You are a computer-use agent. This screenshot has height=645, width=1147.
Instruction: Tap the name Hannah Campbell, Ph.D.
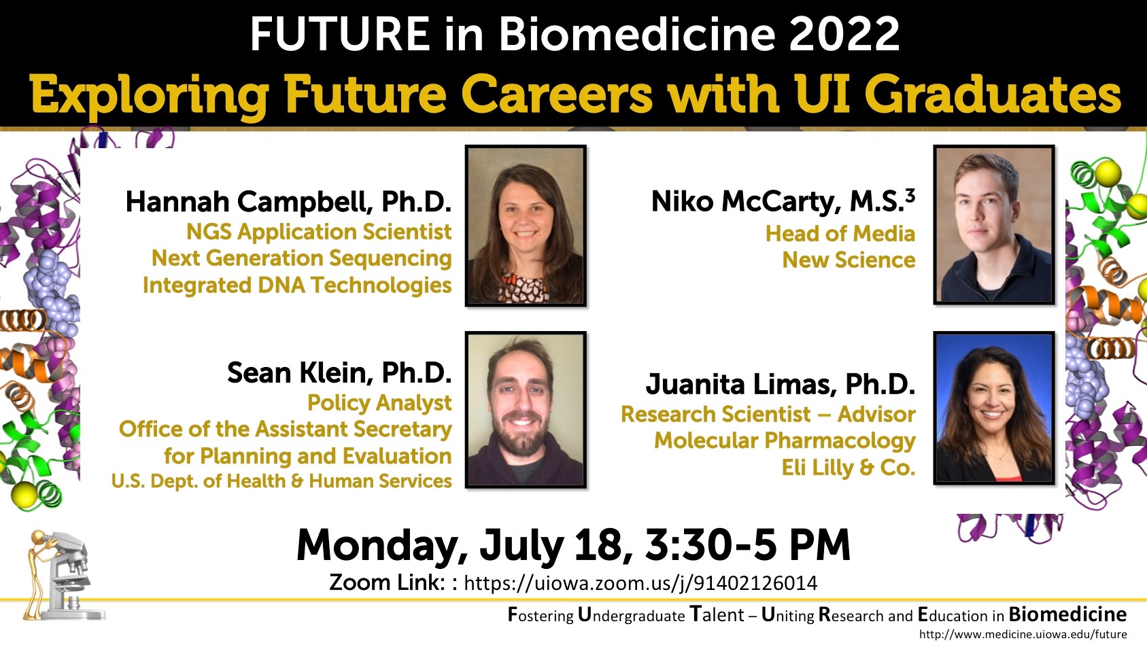click(x=289, y=202)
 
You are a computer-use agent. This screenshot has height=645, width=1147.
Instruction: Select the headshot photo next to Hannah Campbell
click(x=526, y=226)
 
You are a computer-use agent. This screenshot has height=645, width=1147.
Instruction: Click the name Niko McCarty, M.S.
click(x=777, y=201)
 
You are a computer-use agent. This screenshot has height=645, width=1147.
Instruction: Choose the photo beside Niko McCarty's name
click(x=994, y=225)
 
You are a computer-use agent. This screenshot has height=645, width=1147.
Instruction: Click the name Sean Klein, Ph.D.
click(x=339, y=372)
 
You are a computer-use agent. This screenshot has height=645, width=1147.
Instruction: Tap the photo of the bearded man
click(x=526, y=410)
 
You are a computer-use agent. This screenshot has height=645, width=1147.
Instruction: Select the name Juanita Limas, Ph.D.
click(x=781, y=384)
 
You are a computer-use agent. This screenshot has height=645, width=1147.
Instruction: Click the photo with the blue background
click(x=994, y=408)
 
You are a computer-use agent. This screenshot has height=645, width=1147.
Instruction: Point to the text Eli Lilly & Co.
click(x=848, y=468)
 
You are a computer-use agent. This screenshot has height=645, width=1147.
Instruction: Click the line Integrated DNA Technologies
click(x=297, y=285)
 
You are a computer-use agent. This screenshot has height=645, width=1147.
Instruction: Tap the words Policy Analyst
click(x=379, y=403)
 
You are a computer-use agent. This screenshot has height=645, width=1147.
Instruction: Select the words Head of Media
click(x=840, y=233)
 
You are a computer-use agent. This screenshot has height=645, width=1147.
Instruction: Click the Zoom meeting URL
click(x=640, y=583)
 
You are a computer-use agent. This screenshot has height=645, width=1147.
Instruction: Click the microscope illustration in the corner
click(x=63, y=575)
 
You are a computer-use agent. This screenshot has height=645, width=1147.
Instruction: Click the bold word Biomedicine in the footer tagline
click(x=1067, y=614)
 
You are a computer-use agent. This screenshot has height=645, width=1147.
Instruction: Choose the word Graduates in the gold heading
click(x=993, y=94)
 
